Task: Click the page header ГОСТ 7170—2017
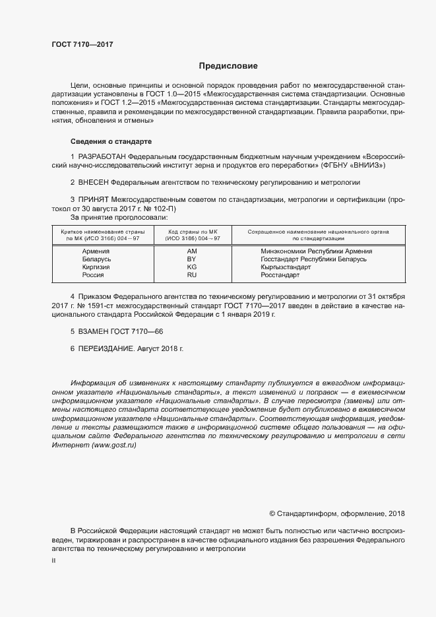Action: tap(82, 45)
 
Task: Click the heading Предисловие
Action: tap(228, 66)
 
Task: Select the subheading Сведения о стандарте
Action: tap(111, 141)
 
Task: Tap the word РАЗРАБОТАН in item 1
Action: tap(102, 156)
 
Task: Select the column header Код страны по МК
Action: tap(192, 232)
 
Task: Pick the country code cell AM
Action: tap(192, 251)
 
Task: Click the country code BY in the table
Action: tap(192, 259)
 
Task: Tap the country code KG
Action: tap(192, 267)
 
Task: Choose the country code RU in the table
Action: tap(192, 275)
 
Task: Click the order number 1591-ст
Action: tap(89, 306)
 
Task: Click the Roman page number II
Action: tap(53, 560)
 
